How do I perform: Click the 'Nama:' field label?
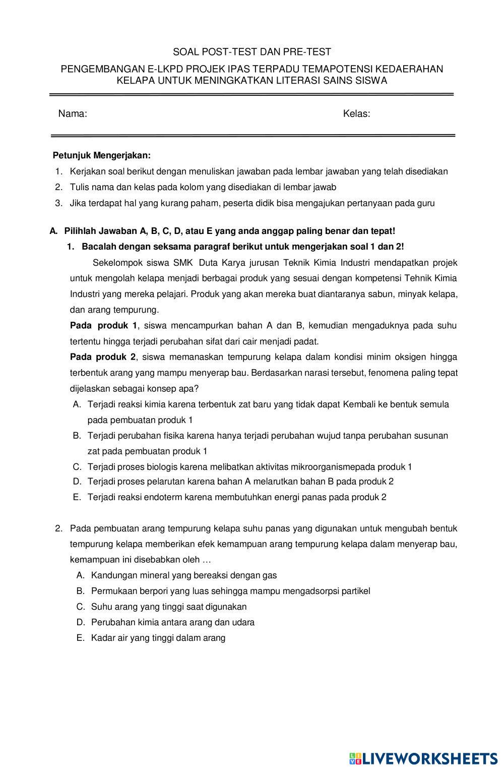point(73,114)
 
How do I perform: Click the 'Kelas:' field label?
point(356,114)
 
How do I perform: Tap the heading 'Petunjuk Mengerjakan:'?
point(102,155)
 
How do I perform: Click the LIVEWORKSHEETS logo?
point(423,758)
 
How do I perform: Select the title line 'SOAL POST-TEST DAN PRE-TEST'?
point(252,52)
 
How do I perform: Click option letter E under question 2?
point(80,638)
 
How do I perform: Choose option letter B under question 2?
point(80,591)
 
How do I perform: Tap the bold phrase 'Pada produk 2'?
point(103,357)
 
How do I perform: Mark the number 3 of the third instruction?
point(58,203)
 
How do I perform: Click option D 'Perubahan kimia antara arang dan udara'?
point(172,622)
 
